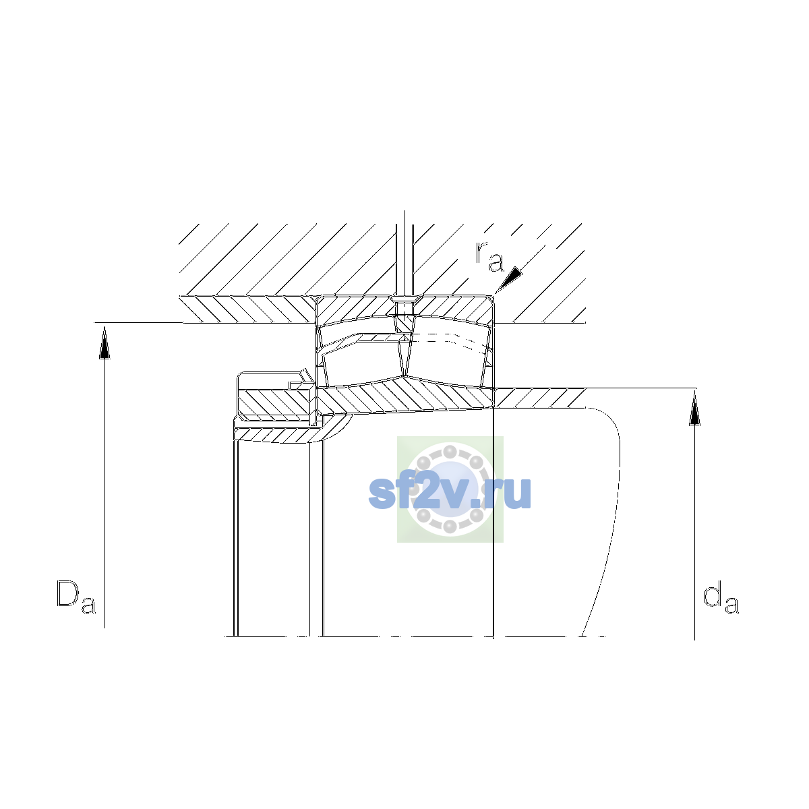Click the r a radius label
tap(489, 256)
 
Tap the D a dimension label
tap(76, 597)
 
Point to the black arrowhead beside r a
tap(510, 279)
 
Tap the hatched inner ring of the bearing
tap(405, 396)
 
